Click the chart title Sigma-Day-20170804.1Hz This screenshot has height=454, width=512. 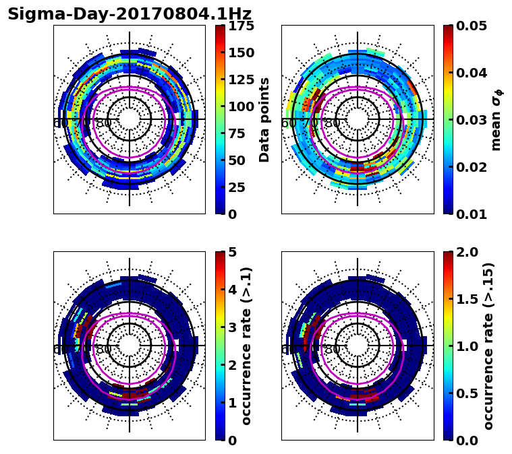click(130, 14)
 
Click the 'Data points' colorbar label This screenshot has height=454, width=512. click(264, 120)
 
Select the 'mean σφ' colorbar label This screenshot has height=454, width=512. click(496, 120)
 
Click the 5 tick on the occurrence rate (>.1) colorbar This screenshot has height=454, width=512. click(231, 252)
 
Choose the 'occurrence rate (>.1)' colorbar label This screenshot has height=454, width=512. click(247, 346)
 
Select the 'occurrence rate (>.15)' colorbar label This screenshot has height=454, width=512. click(488, 346)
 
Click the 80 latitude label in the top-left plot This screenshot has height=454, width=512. click(103, 123)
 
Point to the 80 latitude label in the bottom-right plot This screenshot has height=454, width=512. click(332, 350)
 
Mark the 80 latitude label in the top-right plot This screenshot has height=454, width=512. click(332, 123)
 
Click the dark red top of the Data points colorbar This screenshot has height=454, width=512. click(220, 28)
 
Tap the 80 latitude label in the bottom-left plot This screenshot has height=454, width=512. click(103, 350)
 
